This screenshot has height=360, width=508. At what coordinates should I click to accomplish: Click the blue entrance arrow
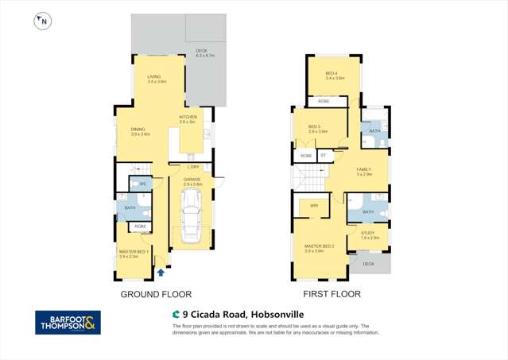click(x=161, y=272)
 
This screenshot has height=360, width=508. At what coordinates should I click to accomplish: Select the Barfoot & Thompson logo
click(x=68, y=323)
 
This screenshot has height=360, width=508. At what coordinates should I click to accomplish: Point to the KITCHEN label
click(x=188, y=118)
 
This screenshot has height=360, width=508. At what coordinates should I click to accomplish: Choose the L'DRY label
click(x=193, y=167)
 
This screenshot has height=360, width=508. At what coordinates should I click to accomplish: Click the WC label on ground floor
click(x=144, y=184)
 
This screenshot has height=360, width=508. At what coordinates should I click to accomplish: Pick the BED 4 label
click(x=335, y=75)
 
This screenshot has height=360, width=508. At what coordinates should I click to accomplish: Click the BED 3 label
click(x=313, y=128)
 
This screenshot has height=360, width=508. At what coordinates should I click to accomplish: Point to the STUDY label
click(x=370, y=234)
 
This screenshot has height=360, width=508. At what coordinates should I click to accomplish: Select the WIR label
click(x=314, y=206)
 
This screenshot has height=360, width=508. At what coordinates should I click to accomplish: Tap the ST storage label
click(x=323, y=156)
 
